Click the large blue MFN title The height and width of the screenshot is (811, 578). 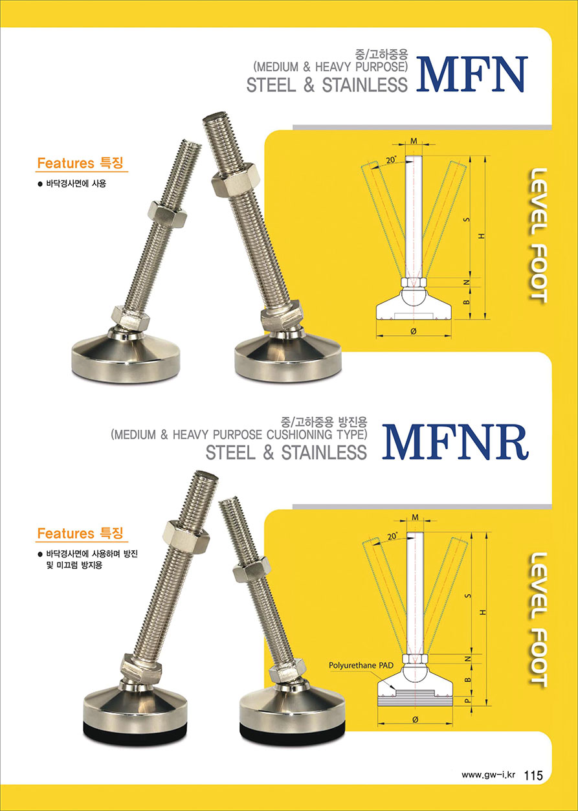tap(471, 74)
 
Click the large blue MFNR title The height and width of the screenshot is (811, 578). tap(455, 442)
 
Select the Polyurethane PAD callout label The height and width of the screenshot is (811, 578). tap(361, 665)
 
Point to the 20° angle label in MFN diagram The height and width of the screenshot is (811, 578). tap(391, 159)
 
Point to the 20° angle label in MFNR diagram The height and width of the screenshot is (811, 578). tap(392, 536)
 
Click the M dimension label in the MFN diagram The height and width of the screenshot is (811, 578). tap(414, 140)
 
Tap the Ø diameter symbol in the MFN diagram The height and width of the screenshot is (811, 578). tap(414, 331)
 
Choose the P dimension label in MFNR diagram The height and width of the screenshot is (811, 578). tap(467, 700)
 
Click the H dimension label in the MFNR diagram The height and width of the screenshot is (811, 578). tap(482, 612)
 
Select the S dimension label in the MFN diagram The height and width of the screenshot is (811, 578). tap(467, 219)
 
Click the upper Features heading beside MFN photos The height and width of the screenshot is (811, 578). tap(80, 163)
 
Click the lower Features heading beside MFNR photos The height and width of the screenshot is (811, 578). tap(80, 533)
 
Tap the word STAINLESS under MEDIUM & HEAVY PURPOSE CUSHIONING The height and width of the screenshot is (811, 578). tap(324, 452)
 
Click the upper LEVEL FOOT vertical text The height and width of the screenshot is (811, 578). tap(538, 236)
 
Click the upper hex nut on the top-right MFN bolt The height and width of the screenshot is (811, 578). tap(236, 181)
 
